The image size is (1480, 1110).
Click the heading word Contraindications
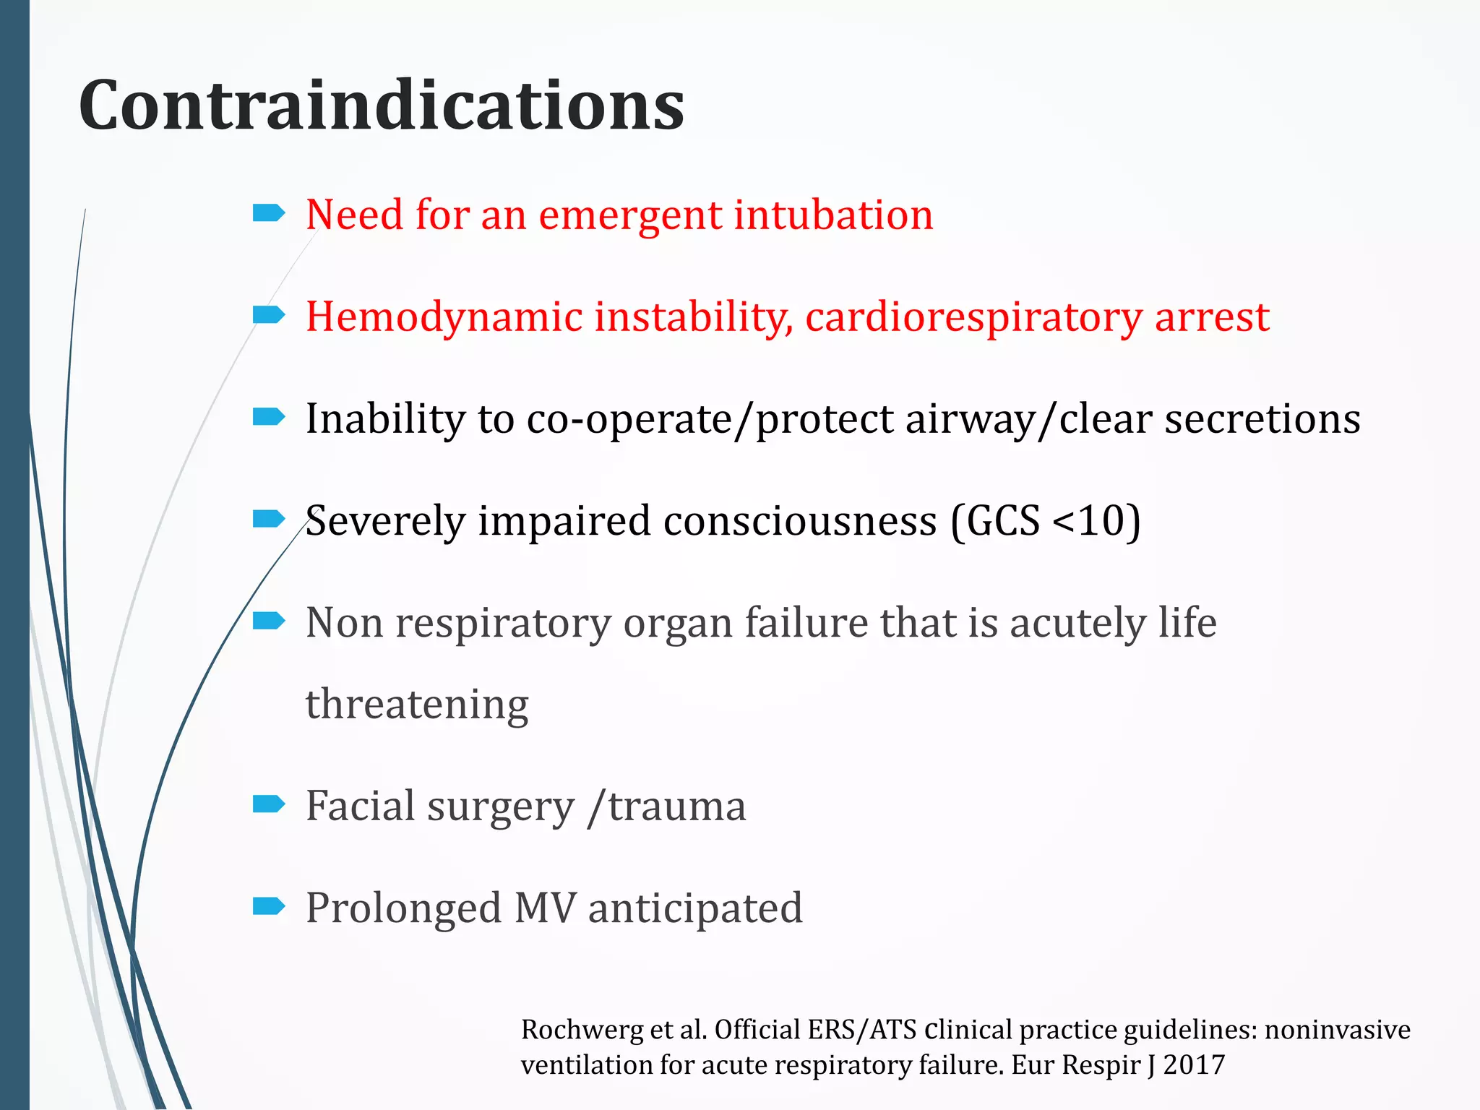pyautogui.click(x=382, y=106)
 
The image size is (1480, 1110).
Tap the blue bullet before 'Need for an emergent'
pyautogui.click(x=269, y=212)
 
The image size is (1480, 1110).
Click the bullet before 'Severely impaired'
pyautogui.click(x=269, y=519)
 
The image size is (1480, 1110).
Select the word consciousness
pyautogui.click(x=799, y=521)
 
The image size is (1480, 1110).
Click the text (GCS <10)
pyautogui.click(x=1045, y=521)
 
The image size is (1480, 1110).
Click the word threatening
pyautogui.click(x=417, y=705)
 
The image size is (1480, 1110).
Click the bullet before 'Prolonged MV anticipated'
pyautogui.click(x=269, y=905)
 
